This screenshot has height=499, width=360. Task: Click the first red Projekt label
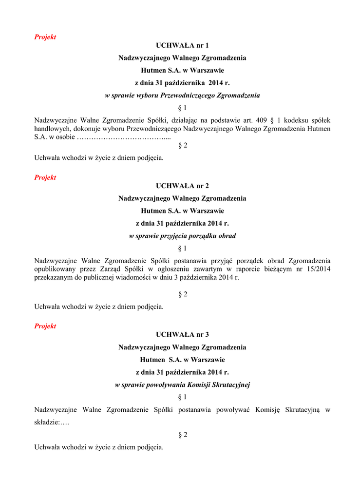[45, 37]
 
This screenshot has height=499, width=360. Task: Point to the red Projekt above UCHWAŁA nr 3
[45, 326]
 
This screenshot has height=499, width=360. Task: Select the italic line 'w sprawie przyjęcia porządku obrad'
[182, 236]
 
